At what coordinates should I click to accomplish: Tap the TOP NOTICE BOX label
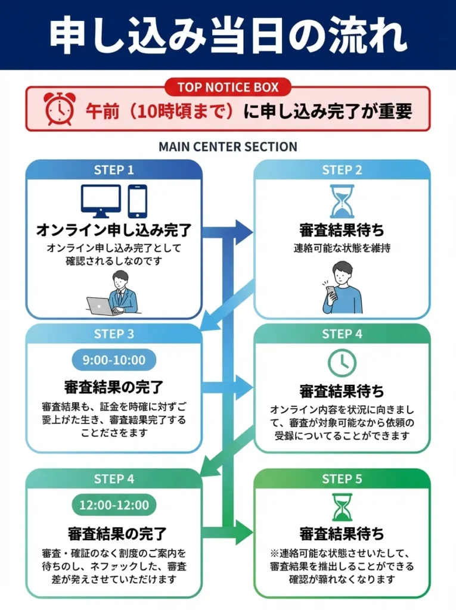click(228, 88)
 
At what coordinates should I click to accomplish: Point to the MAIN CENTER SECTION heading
click(228, 147)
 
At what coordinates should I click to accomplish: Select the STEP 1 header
click(114, 170)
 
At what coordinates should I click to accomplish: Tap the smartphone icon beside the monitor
click(137, 201)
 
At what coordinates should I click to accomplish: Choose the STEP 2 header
click(342, 170)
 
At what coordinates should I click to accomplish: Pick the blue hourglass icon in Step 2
click(342, 201)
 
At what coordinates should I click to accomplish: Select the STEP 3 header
click(114, 334)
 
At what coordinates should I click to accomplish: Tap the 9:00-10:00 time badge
click(114, 360)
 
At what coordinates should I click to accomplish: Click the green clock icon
click(342, 362)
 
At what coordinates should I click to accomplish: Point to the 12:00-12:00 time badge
click(114, 505)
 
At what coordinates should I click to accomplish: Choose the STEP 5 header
click(342, 479)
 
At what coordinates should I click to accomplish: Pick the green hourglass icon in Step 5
click(342, 507)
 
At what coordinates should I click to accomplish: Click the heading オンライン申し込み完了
click(114, 230)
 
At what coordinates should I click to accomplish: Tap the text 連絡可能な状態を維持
click(342, 248)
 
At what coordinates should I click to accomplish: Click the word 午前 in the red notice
click(98, 110)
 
